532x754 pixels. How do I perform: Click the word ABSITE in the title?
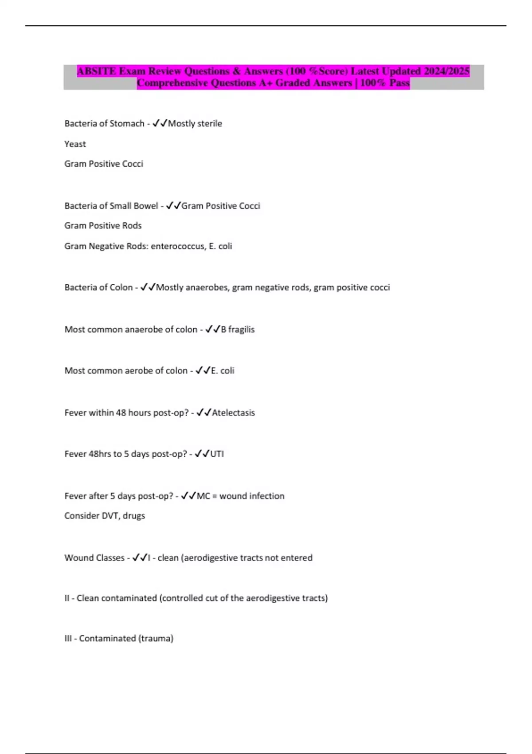pos(96,71)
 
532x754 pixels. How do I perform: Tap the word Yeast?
pos(75,144)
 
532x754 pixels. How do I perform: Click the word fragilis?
pos(241,330)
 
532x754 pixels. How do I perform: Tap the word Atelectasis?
pos(233,413)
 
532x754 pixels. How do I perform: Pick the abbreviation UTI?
pos(217,454)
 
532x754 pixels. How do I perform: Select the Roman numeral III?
pos(68,639)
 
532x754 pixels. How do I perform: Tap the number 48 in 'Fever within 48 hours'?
pos(121,413)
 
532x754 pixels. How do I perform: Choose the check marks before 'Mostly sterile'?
pos(160,124)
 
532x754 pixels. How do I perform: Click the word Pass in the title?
pos(399,83)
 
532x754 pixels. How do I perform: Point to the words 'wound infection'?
pos(252,496)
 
